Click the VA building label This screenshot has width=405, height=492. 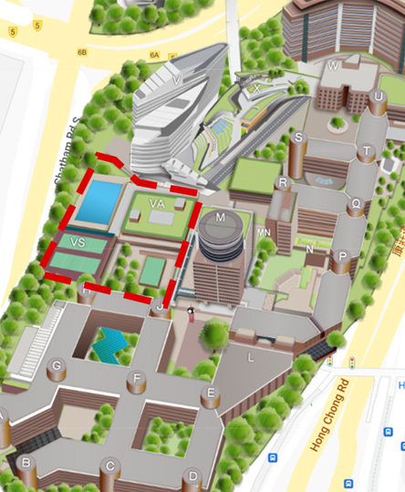(156, 202)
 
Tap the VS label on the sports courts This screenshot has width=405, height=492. (77, 242)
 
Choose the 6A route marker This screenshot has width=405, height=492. (155, 56)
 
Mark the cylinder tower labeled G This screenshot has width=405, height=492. (57, 366)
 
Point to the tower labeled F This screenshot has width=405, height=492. (138, 378)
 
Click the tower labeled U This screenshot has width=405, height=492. (378, 97)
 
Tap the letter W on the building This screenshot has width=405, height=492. (333, 67)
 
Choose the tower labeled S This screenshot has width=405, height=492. (298, 138)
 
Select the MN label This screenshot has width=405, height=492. (264, 232)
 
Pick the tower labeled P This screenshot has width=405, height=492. (343, 257)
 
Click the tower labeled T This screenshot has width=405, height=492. (367, 151)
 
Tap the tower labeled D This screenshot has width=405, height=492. (192, 474)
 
